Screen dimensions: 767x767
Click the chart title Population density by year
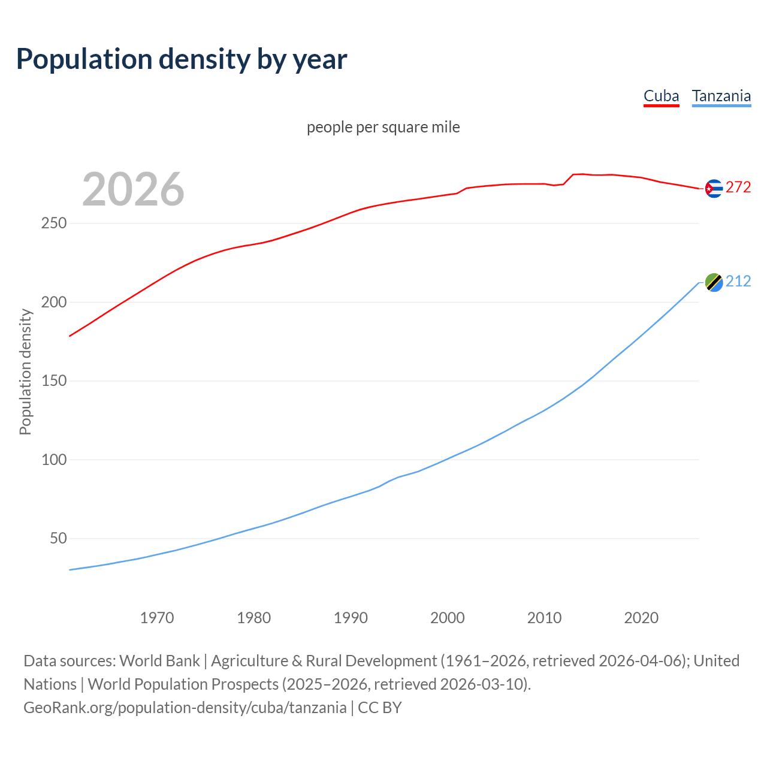pyautogui.click(x=182, y=59)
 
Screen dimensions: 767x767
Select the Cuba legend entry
pyautogui.click(x=661, y=96)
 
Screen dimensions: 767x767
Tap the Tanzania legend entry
pyautogui.click(x=721, y=96)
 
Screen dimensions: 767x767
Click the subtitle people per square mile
pyautogui.click(x=383, y=127)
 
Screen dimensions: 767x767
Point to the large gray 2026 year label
pyautogui.click(x=133, y=189)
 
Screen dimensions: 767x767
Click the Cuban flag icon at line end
pyautogui.click(x=713, y=188)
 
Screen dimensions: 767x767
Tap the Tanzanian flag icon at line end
pyautogui.click(x=713, y=282)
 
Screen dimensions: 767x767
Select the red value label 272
pyautogui.click(x=738, y=188)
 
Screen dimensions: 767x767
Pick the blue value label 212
pyautogui.click(x=738, y=281)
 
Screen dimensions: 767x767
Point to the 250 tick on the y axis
pyautogui.click(x=54, y=224)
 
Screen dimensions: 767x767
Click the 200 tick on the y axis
pyautogui.click(x=54, y=302)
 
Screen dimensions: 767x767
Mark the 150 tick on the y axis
pyautogui.click(x=54, y=381)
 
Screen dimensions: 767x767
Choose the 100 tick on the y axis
pyautogui.click(x=54, y=460)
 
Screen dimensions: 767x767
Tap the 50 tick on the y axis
pyautogui.click(x=58, y=539)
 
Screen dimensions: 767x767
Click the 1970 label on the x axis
pyautogui.click(x=157, y=618)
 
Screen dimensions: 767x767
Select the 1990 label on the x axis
pyautogui.click(x=351, y=618)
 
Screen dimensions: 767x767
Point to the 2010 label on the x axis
pyautogui.click(x=544, y=618)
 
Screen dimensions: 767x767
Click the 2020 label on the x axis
pyautogui.click(x=641, y=618)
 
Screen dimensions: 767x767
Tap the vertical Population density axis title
pyautogui.click(x=25, y=372)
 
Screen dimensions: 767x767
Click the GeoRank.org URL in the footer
pyautogui.click(x=185, y=708)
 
